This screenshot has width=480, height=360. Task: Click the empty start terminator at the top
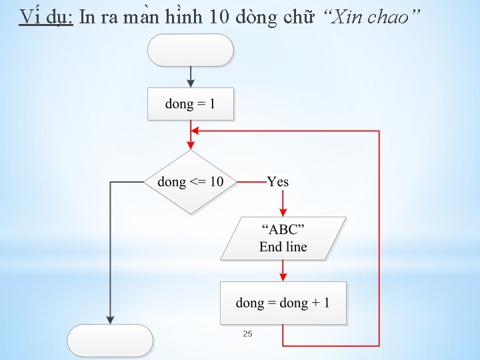pos(190,50)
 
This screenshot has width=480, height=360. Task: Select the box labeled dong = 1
pos(190,104)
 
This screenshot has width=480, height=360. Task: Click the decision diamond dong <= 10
pos(191,182)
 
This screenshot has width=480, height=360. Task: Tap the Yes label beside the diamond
pos(277,181)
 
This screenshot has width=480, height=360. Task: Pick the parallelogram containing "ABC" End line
pos(283,238)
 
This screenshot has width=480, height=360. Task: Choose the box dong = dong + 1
pos(283,303)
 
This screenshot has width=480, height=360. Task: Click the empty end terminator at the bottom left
pos(111,341)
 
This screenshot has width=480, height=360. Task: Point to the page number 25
pos(247,333)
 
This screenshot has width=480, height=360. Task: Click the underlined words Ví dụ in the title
pos(46,17)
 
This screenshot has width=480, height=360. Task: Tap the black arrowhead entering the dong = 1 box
pos(191,83)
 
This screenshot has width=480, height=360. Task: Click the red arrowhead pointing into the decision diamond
pos(191,145)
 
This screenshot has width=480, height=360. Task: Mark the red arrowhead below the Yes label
pos(283,211)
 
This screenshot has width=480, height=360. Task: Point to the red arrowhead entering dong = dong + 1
pos(283,277)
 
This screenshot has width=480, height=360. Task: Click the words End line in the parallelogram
pos(283,247)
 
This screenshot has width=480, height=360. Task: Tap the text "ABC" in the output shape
pos(283,230)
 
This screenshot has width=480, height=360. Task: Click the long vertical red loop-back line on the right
pos(379,240)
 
